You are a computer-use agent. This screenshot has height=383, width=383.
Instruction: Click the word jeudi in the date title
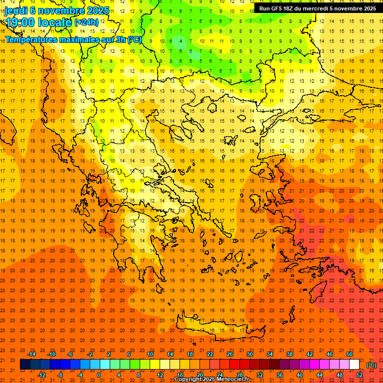(16, 10)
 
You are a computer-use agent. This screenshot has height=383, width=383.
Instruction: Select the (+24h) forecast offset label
(86, 22)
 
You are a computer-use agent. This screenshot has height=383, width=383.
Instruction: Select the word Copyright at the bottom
(189, 380)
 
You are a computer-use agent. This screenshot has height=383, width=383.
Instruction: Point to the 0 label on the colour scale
(99, 375)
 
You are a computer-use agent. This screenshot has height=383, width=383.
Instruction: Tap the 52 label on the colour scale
(360, 375)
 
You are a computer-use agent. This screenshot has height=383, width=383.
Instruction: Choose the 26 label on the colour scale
(230, 354)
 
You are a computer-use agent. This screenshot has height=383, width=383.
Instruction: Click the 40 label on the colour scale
(300, 375)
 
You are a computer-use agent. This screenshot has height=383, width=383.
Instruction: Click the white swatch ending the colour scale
(354, 365)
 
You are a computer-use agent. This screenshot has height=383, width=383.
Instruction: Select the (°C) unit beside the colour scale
(372, 365)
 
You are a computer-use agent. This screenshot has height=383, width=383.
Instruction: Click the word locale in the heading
(55, 22)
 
